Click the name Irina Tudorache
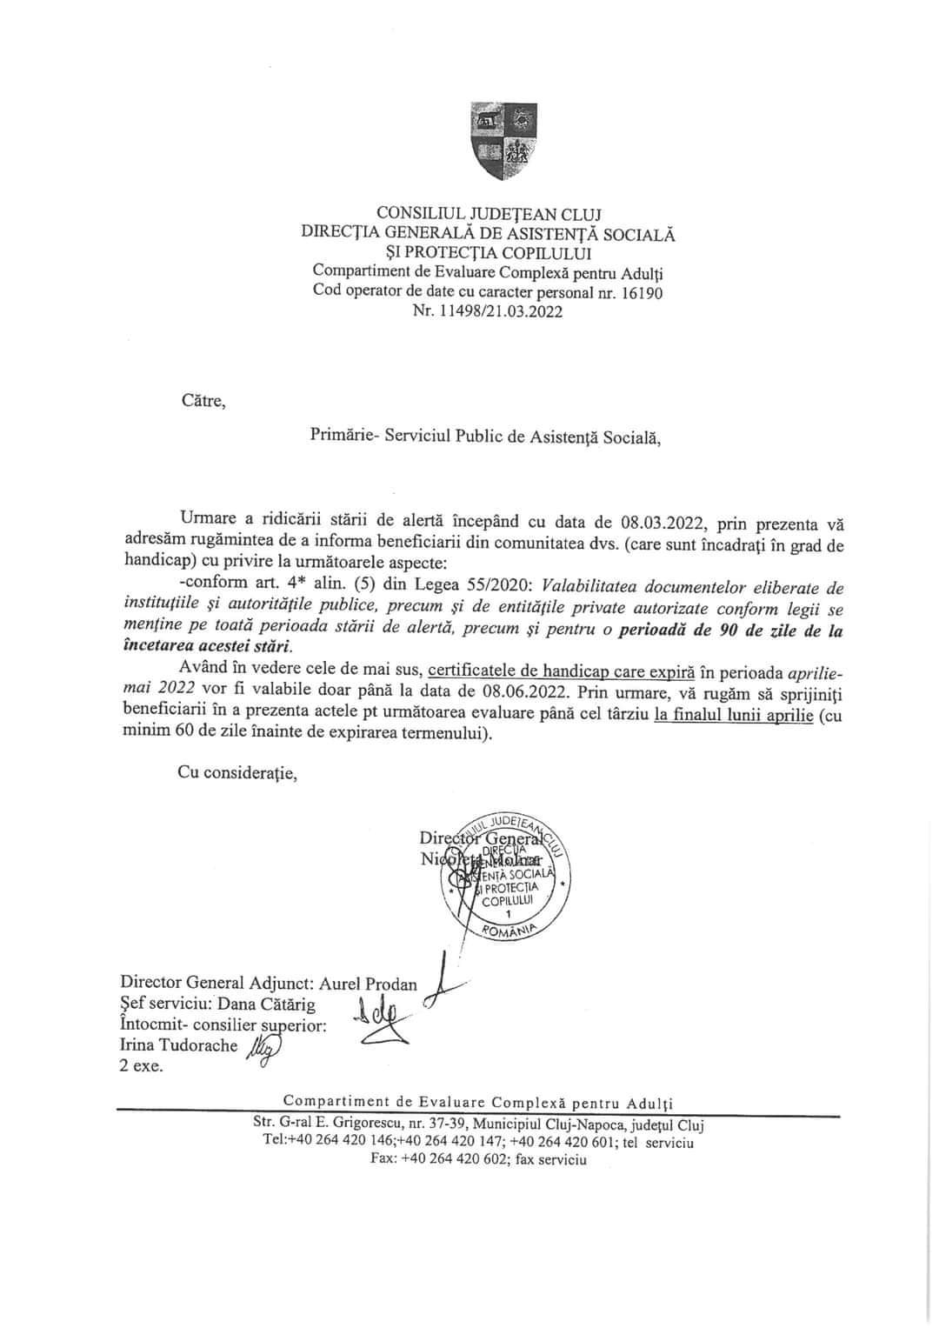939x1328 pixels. click(179, 1046)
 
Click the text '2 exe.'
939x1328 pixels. click(142, 1065)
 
